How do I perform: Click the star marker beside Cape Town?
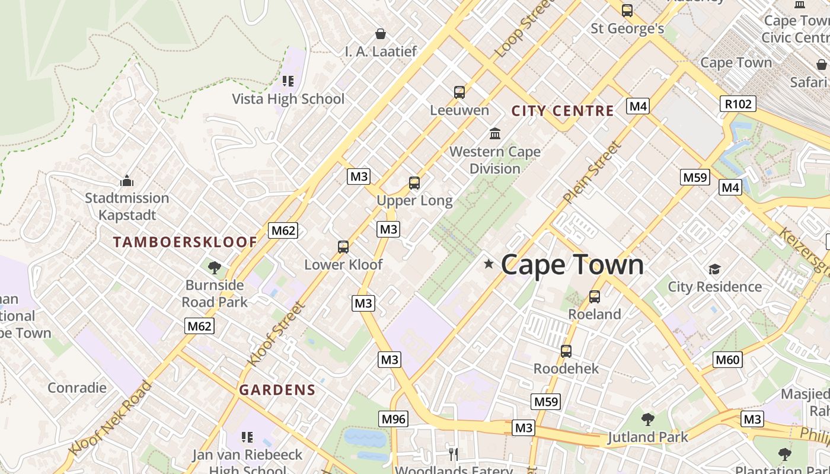[x=489, y=264]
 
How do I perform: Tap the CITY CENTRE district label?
[x=563, y=111]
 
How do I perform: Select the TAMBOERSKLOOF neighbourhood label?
[x=185, y=242]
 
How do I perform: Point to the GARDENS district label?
[x=277, y=390]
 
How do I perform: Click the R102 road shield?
[x=738, y=104]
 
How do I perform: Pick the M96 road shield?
[x=394, y=419]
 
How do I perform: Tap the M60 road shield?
[x=727, y=359]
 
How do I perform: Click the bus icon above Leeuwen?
[x=459, y=92]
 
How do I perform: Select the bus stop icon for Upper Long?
[x=414, y=183]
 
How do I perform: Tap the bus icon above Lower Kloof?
[x=343, y=247]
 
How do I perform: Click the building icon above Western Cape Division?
[x=495, y=133]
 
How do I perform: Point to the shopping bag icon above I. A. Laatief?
[x=381, y=34]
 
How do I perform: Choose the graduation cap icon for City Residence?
[x=714, y=270]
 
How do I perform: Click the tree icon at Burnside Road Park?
[x=215, y=268]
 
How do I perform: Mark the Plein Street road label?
[x=592, y=172]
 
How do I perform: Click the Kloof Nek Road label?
[x=110, y=418]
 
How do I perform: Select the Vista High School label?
[x=288, y=99]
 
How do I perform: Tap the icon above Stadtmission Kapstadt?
[x=127, y=181]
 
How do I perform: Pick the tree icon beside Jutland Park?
[x=648, y=419]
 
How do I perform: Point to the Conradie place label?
[x=77, y=388]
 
